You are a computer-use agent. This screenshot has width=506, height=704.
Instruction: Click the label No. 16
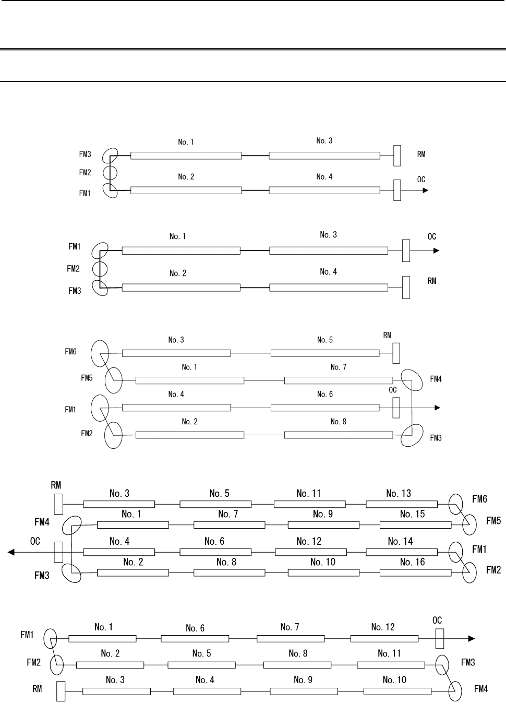412,562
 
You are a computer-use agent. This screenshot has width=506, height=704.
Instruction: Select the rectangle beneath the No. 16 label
416,572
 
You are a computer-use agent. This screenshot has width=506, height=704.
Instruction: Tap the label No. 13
398,494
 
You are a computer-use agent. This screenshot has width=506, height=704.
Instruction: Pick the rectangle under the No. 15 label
416,525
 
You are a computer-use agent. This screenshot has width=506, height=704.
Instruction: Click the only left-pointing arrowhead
11,552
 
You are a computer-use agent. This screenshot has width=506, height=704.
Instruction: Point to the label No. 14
400,541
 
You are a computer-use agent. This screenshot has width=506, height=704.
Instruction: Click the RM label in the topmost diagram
421,154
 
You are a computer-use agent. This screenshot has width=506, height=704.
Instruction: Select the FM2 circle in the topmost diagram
110,173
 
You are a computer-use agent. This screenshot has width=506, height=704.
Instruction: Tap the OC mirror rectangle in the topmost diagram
397,190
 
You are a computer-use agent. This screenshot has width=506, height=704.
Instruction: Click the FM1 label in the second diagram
75,247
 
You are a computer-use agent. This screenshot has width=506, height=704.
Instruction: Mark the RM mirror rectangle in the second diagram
406,288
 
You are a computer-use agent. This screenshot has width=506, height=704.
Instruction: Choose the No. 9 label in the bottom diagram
303,680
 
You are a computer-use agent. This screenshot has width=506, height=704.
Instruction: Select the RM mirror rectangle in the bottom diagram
61,691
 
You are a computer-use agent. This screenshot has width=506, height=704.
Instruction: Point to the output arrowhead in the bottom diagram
472,639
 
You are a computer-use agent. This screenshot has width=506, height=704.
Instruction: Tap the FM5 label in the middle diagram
87,378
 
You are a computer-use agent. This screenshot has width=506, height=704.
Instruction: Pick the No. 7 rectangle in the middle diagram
339,380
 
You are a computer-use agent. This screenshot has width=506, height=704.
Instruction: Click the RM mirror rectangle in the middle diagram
396,353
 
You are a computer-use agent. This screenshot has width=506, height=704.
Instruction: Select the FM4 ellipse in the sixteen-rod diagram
71,525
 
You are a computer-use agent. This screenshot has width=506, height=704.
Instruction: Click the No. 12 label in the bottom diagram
382,627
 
